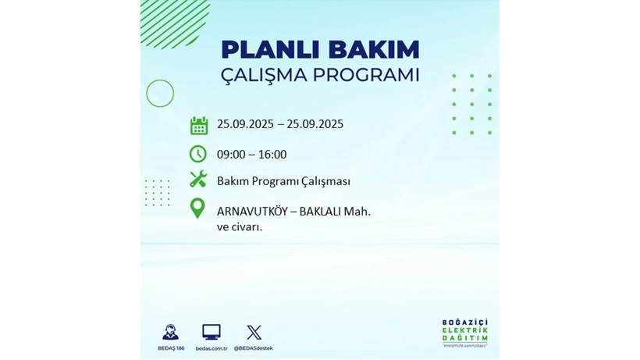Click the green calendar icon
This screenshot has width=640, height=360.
click(199, 126)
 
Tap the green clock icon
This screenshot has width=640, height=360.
click(198, 154)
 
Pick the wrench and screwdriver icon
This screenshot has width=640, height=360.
click(198, 180)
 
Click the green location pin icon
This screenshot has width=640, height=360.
click(197, 208)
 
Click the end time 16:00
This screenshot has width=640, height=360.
click(272, 155)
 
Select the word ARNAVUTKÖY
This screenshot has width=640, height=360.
click(252, 211)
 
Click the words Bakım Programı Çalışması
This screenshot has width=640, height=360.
click(283, 181)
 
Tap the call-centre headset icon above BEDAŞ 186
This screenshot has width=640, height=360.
click(170, 332)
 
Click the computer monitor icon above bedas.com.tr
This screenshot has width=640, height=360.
click(211, 332)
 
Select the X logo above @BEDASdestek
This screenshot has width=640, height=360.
click(254, 332)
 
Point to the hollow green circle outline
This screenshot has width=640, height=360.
click(160, 94)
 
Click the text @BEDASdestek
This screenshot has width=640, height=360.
click(254, 348)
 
